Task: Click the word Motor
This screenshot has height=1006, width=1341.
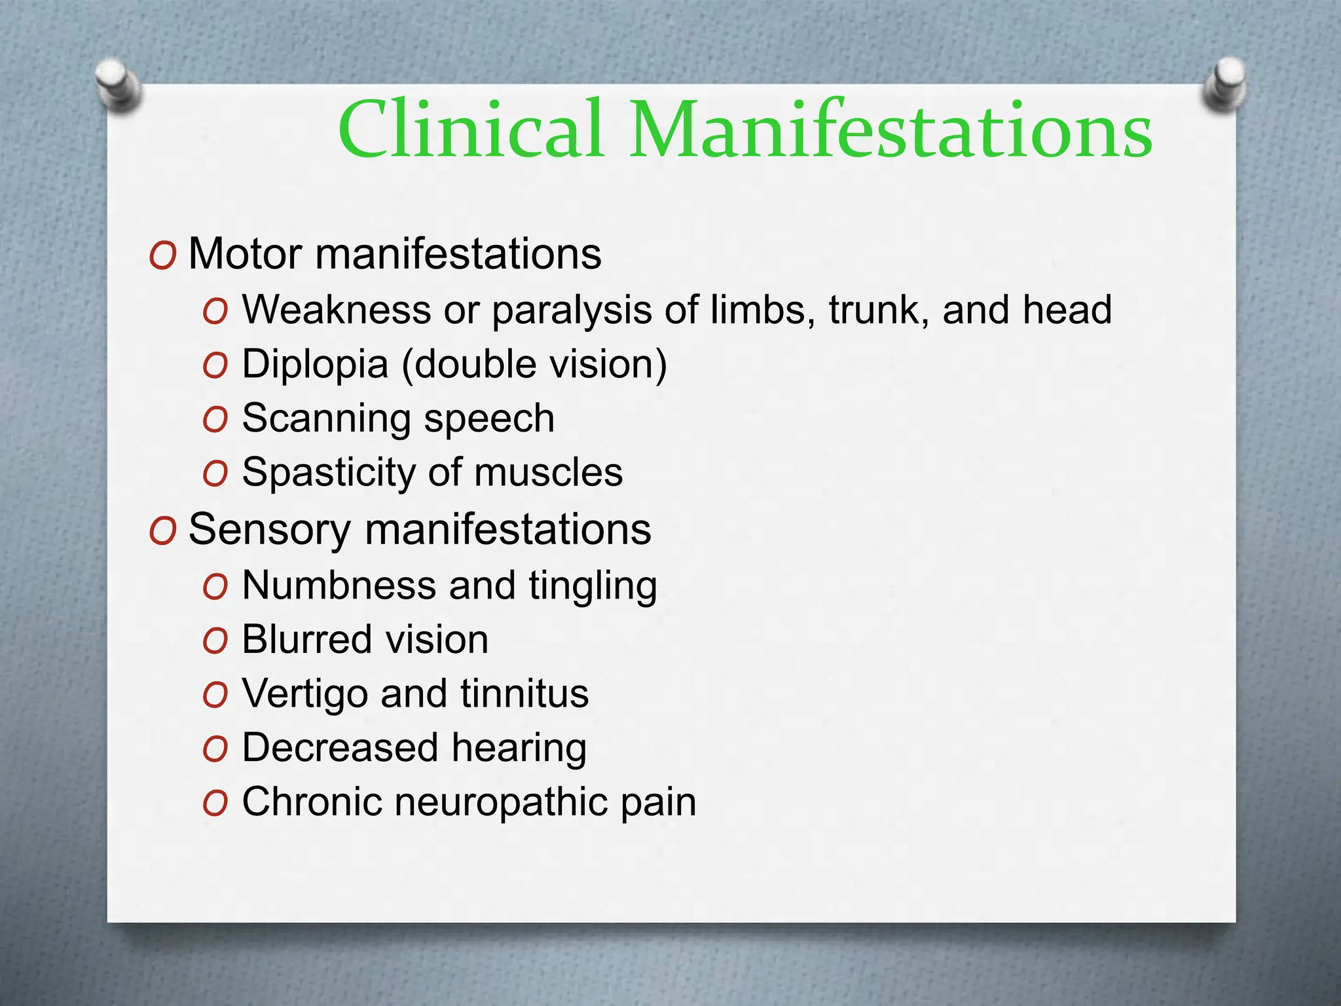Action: click(245, 254)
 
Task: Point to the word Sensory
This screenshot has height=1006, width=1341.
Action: click(269, 530)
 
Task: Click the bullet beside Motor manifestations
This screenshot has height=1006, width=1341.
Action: click(162, 255)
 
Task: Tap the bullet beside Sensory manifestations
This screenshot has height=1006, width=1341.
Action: click(162, 531)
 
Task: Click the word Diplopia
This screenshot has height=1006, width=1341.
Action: click(315, 364)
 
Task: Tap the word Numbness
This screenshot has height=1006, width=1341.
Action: click(339, 585)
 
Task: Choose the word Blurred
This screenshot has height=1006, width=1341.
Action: click(299, 639)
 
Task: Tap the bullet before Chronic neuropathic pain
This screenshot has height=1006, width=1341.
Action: click(215, 803)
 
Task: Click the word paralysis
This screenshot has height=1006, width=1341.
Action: click(572, 310)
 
